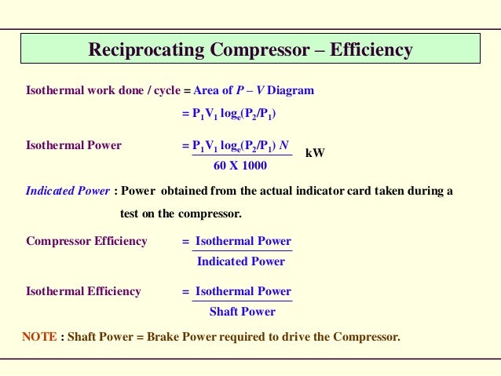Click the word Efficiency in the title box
click(x=371, y=50)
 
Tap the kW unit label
click(x=315, y=152)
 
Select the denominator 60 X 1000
click(x=240, y=166)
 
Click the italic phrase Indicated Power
click(x=68, y=191)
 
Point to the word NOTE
click(x=39, y=337)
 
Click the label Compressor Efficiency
click(x=86, y=241)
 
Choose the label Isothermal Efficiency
click(x=83, y=291)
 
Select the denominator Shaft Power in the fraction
click(x=243, y=312)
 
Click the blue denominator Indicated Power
click(x=241, y=261)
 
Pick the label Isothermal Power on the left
click(x=74, y=145)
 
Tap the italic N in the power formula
click(x=284, y=145)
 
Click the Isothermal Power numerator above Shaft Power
click(x=243, y=291)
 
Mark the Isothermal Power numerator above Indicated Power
click(x=243, y=241)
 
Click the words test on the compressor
click(x=181, y=214)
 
